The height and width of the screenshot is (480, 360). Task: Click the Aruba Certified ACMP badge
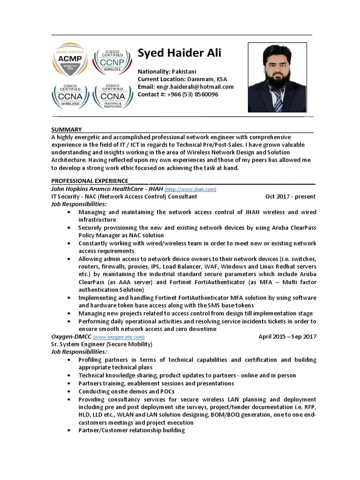tap(70, 59)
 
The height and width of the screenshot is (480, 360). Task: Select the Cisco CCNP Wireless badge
tap(112, 60)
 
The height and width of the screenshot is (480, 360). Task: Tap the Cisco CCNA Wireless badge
tap(70, 97)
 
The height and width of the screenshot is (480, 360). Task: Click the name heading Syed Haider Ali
tap(180, 53)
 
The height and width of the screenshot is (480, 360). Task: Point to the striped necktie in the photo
tap(277, 99)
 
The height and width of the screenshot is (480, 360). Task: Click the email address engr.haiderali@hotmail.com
tap(195, 87)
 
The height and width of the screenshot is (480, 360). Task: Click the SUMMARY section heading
tap(67, 130)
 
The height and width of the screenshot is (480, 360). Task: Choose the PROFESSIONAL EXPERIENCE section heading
tap(90, 181)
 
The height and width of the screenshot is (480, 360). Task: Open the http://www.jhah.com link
tap(190, 189)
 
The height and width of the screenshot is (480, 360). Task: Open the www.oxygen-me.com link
tap(119, 337)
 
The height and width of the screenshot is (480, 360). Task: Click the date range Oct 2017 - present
tap(290, 196)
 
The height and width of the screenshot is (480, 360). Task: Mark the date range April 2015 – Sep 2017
tap(287, 337)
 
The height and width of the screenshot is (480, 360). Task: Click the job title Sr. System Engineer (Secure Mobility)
tap(102, 344)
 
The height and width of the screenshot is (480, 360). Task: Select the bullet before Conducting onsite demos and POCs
tap(69, 391)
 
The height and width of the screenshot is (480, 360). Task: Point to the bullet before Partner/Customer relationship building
tap(69, 430)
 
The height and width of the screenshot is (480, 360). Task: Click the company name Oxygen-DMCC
tap(71, 337)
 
